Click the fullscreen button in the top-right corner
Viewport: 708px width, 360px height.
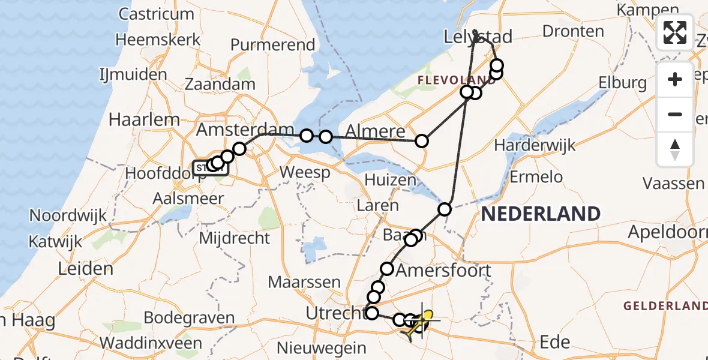[x=675, y=32]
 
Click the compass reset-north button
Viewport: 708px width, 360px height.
[x=675, y=149]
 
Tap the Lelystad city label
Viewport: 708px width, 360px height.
[x=478, y=37]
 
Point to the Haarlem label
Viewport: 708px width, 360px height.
[x=144, y=119]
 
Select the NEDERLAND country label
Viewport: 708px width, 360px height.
[x=541, y=214]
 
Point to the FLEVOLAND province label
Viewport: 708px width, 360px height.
[x=457, y=80]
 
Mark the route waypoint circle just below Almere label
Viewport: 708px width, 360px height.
[x=422, y=141]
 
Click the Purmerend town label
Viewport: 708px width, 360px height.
[x=272, y=45]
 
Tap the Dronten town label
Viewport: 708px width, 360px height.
[x=573, y=31]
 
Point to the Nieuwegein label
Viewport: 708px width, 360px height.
[x=322, y=348]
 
